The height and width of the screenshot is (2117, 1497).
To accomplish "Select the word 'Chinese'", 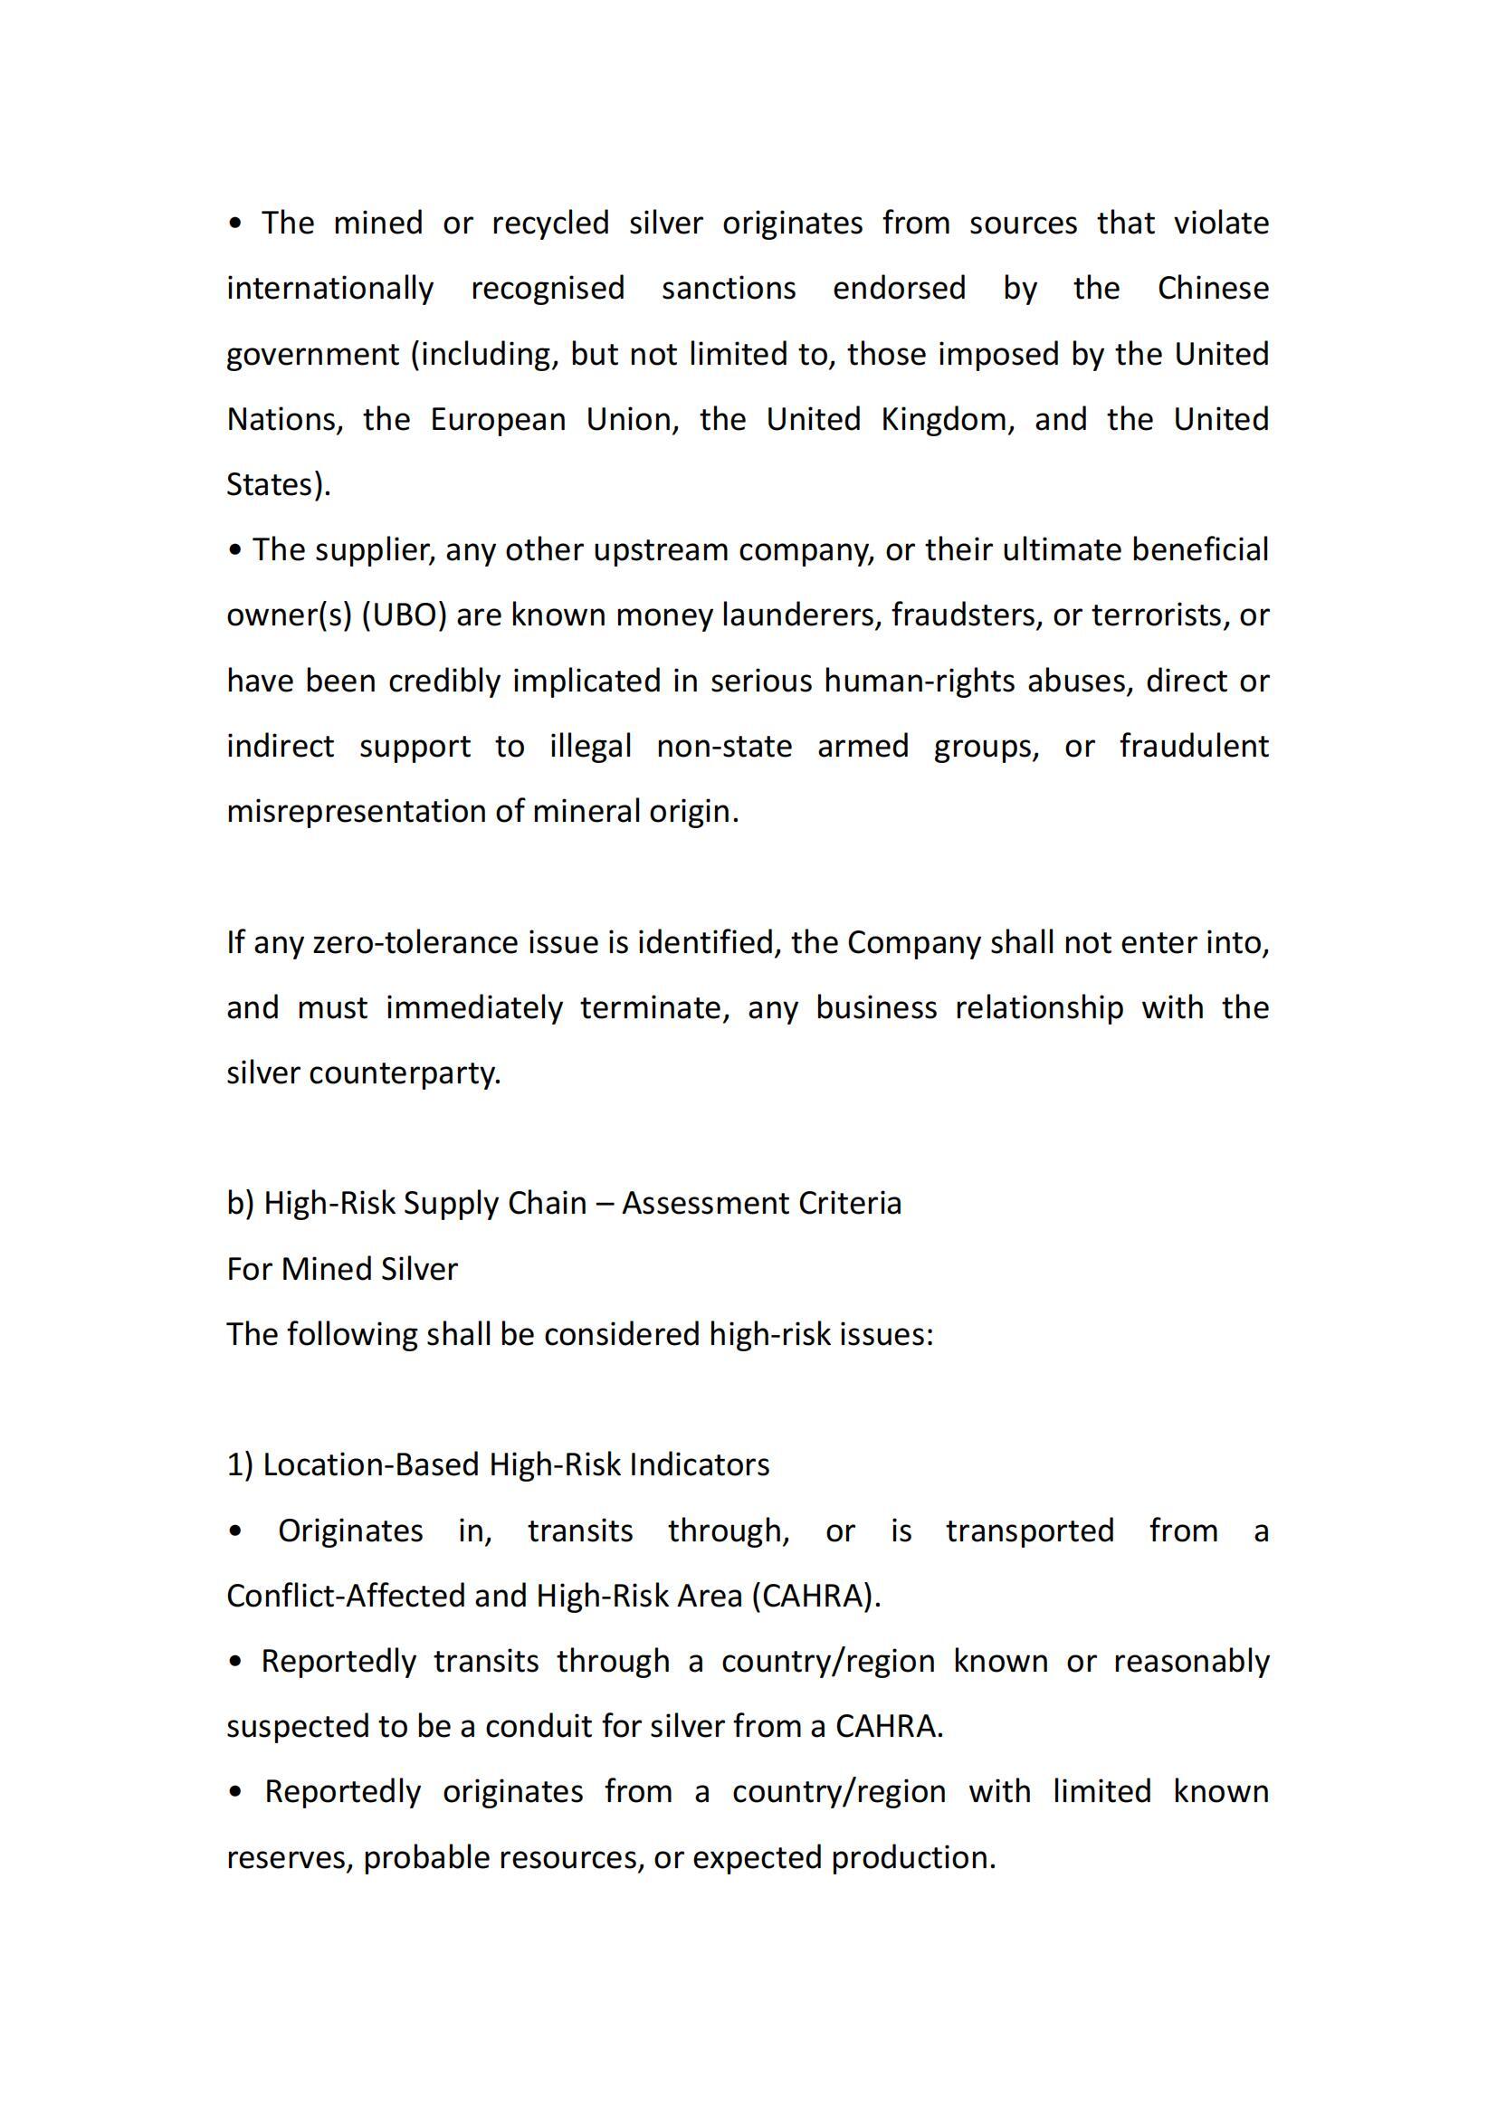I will [x=1213, y=289].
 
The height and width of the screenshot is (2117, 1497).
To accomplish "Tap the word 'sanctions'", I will [x=729, y=289].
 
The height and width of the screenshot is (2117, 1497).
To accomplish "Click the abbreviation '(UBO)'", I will [x=404, y=615].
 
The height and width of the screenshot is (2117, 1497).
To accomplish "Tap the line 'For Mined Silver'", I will [x=342, y=1270].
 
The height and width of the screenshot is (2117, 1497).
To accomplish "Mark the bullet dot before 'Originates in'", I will [x=236, y=1531].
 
